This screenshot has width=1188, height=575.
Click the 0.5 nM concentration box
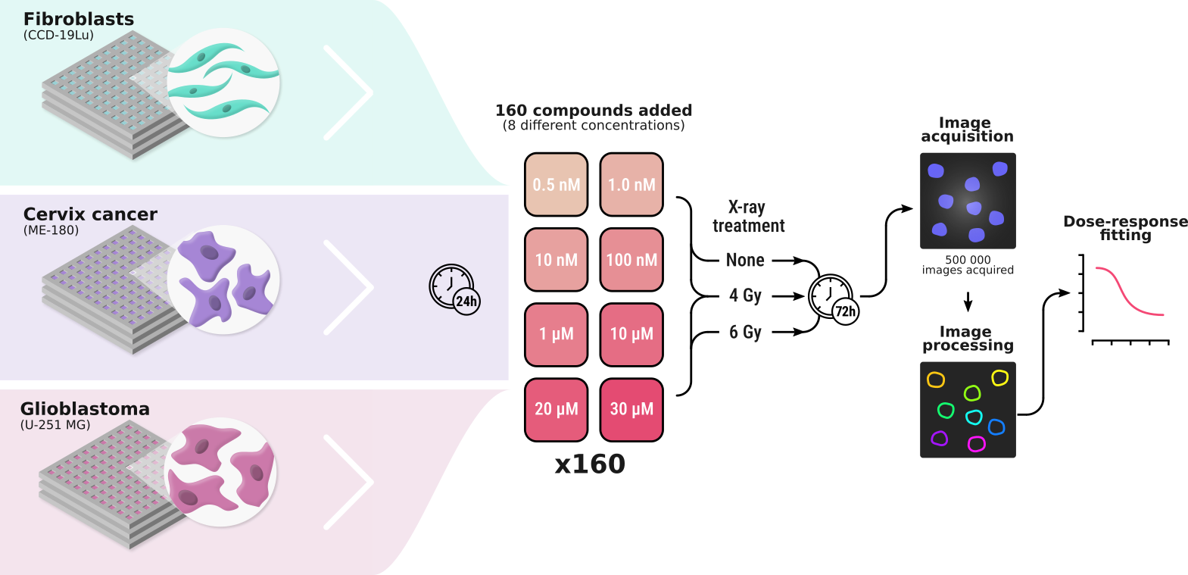[x=556, y=184]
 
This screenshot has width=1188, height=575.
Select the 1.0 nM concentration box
[x=631, y=184]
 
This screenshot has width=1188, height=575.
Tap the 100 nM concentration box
[x=631, y=259]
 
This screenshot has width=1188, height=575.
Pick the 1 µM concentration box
[x=556, y=334]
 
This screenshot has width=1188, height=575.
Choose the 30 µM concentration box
[x=631, y=409]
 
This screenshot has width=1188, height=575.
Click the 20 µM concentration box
[x=556, y=409]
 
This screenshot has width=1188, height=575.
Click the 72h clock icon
[x=832, y=298]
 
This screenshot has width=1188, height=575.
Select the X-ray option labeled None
[x=745, y=261]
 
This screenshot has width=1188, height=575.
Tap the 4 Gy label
[x=745, y=295]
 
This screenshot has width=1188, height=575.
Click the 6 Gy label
[x=745, y=332]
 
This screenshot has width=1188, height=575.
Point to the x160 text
[x=590, y=464]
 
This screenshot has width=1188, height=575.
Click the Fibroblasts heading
[x=79, y=19]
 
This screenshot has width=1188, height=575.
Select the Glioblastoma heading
[x=85, y=409]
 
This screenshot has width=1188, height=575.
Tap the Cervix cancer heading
[x=90, y=214]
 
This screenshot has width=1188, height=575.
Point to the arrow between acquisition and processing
[x=968, y=302]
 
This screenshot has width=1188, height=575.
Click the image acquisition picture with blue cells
[x=968, y=201]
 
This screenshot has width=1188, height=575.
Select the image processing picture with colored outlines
[x=968, y=410]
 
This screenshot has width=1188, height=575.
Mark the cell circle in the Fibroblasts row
[x=223, y=83]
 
